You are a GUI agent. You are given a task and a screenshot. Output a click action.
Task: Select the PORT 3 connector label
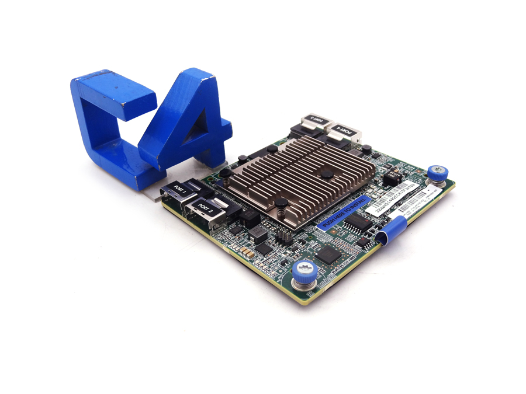pos(315,119)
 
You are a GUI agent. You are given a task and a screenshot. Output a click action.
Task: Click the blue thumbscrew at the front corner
pos(304,270)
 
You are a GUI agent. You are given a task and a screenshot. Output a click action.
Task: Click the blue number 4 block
pos(187,123)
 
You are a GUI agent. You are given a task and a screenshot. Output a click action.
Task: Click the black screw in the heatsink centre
pos(327,174)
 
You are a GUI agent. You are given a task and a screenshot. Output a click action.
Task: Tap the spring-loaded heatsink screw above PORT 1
pos(224,173)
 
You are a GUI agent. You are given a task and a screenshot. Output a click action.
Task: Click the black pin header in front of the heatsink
pos(284,236)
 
